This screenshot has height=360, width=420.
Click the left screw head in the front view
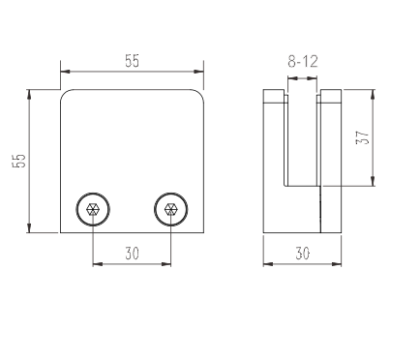[93, 209]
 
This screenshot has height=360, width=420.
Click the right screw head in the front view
[171, 209]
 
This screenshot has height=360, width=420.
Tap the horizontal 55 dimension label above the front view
[133, 61]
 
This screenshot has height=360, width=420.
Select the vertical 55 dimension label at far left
[18, 161]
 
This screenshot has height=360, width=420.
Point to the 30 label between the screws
[133, 254]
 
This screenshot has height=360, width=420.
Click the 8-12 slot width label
[303, 61]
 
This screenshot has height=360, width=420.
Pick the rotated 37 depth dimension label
[362, 137]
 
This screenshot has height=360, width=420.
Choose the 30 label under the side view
[303, 254]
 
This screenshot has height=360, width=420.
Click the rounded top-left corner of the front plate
[65, 94]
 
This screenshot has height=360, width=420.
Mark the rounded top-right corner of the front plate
[199, 94]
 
